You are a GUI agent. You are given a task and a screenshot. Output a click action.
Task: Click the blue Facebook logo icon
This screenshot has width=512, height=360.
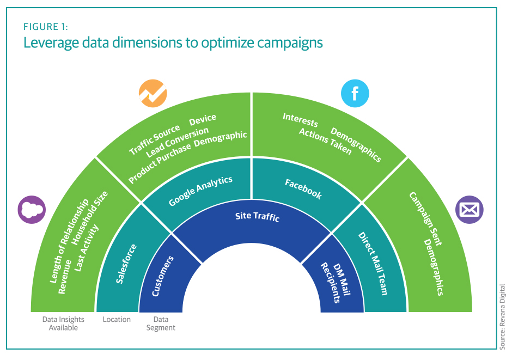(x=355, y=94)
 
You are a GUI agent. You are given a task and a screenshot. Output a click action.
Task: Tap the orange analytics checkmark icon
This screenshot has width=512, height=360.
(x=153, y=93)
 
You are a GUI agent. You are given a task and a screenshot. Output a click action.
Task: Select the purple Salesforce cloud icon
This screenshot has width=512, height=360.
(x=32, y=209)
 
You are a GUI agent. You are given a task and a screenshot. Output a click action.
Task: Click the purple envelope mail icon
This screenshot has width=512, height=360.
(x=470, y=209)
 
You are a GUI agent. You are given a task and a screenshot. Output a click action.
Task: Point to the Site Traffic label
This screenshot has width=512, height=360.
(x=257, y=217)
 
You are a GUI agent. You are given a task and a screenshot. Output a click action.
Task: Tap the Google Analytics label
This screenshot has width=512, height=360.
(x=200, y=191)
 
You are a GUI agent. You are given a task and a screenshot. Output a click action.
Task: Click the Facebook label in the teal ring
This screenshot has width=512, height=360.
(x=303, y=188)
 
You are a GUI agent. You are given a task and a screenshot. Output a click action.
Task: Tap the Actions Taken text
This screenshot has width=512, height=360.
(x=325, y=142)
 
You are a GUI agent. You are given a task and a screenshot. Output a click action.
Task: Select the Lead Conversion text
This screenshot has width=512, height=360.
(x=178, y=140)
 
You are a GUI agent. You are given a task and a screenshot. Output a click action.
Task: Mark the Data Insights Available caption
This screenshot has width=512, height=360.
(x=63, y=324)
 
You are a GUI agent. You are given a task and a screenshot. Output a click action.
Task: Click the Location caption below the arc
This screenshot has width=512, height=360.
(x=117, y=320)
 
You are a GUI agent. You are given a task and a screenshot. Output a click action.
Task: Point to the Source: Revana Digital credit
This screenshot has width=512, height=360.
(x=502, y=316)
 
